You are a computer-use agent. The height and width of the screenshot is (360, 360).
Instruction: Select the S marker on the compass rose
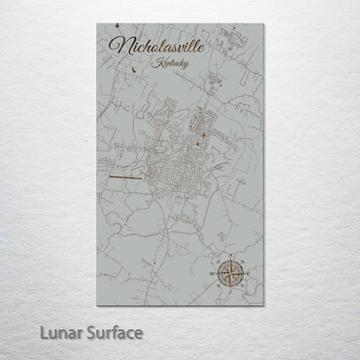point(231,290)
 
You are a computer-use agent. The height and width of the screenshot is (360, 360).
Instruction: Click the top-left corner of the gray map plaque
point(98,24)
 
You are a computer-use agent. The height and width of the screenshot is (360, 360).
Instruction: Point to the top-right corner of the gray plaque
point(263,24)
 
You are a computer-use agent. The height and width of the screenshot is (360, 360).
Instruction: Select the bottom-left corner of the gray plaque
point(98,305)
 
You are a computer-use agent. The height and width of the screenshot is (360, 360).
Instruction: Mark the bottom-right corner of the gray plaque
point(263,305)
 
